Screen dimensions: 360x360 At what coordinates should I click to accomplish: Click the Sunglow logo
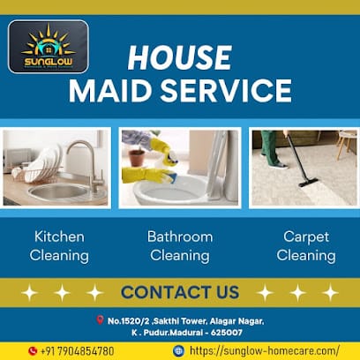(x=48, y=45)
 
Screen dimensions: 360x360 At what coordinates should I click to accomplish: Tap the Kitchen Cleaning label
(x=59, y=246)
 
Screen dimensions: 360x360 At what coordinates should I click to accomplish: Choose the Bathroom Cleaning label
(x=179, y=246)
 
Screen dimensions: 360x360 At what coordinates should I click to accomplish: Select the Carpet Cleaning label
(x=305, y=246)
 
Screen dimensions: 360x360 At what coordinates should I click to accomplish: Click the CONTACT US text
(x=179, y=291)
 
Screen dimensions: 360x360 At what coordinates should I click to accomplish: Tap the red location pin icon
(x=99, y=319)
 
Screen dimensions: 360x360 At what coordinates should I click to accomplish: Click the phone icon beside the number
(x=34, y=350)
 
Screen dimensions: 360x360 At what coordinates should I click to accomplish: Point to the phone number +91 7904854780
(x=77, y=350)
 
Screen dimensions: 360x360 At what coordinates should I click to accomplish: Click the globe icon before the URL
(x=178, y=350)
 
